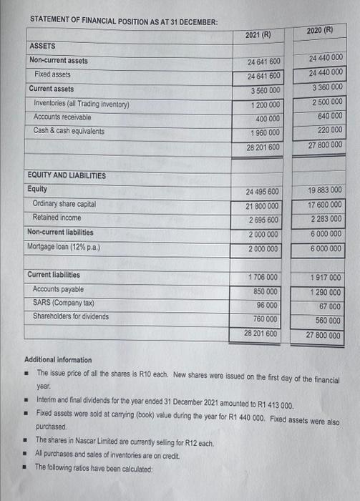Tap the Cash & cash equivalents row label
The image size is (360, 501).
(x=69, y=131)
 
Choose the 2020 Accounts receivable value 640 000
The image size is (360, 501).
(x=327, y=115)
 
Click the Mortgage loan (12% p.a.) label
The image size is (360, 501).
(x=64, y=247)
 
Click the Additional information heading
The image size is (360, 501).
(x=58, y=359)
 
